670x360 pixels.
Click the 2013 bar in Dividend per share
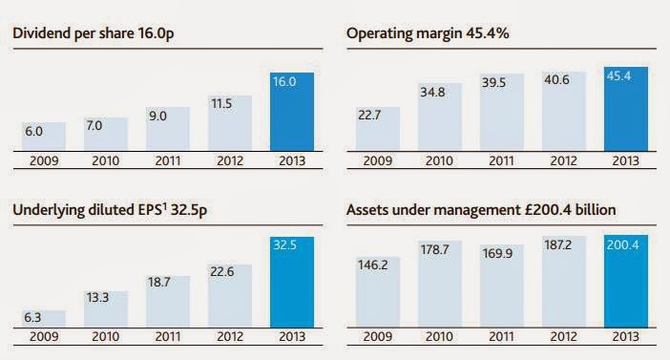coord(292,112)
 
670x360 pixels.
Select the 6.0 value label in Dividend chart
coord(33,131)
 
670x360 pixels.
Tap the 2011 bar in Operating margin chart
coord(502,112)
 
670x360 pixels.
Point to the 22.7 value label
coord(369,116)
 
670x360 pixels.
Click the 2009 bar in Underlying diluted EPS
coord(44,319)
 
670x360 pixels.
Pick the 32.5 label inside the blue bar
coord(285,245)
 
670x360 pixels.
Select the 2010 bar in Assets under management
coord(440,285)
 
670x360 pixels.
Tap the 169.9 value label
coord(497,254)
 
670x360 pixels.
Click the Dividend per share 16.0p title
coord(94,33)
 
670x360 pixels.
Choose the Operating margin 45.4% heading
coord(428,33)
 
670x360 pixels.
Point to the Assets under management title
coord(481,210)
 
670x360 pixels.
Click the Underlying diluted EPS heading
coord(110,210)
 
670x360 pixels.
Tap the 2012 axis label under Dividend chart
coord(230,160)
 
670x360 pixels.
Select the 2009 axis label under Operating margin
coord(377,160)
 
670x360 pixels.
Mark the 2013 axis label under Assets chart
coord(625,336)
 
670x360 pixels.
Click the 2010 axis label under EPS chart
coord(106,336)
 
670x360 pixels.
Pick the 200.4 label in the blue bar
coord(623,245)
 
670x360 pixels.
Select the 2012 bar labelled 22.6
coord(230,296)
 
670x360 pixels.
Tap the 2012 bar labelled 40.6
coord(564,111)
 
